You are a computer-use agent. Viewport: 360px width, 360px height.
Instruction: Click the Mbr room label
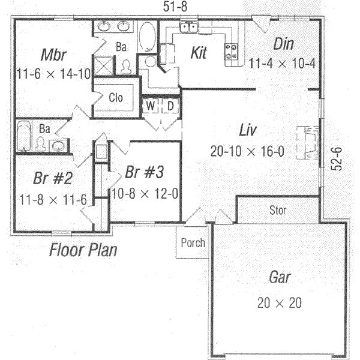(53, 55)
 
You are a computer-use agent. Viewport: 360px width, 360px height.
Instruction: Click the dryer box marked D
(170, 106)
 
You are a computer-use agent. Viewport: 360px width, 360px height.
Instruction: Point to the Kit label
(198, 53)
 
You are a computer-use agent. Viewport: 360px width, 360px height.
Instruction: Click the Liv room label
(247, 130)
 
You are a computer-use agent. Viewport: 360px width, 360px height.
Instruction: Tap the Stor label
(278, 211)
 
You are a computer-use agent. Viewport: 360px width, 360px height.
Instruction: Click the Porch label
(192, 243)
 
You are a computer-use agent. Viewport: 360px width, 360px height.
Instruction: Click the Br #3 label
(145, 173)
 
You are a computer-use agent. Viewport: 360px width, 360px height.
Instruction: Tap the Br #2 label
(44, 179)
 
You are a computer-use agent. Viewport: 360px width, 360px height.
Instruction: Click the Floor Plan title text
(83, 249)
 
